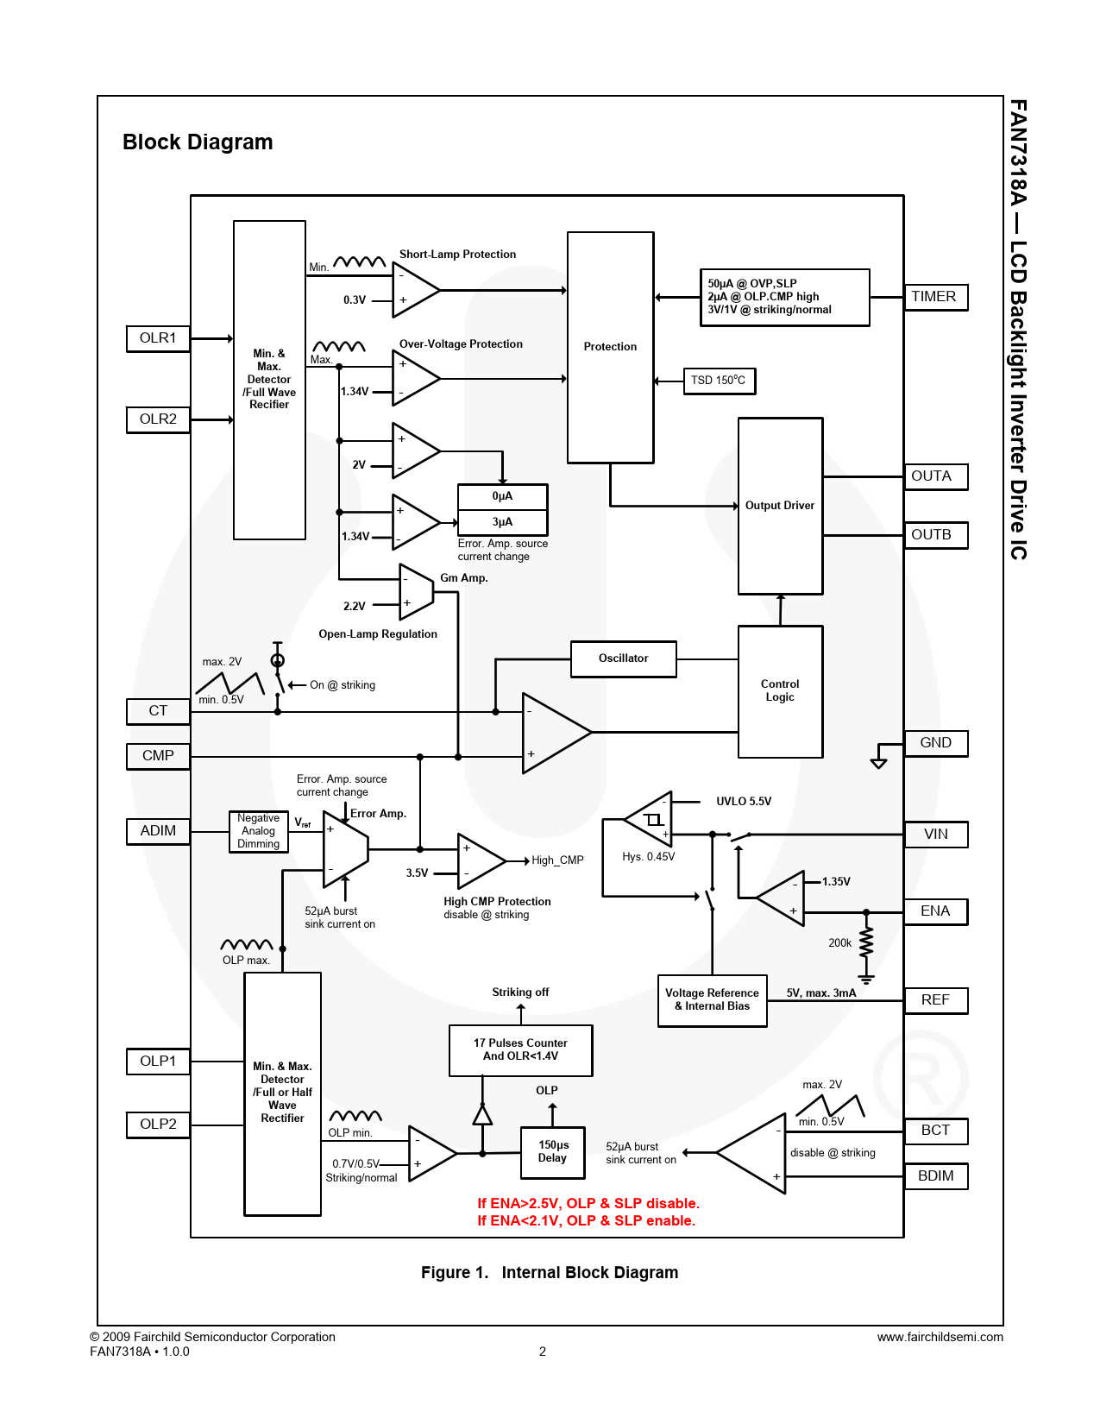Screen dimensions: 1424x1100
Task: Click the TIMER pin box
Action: click(x=935, y=297)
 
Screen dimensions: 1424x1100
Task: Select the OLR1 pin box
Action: click(x=158, y=338)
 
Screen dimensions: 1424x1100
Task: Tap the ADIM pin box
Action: click(x=158, y=831)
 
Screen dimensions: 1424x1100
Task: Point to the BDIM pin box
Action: click(x=935, y=1176)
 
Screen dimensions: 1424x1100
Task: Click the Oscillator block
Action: click(x=623, y=658)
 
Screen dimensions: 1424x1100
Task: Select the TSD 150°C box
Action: click(x=719, y=381)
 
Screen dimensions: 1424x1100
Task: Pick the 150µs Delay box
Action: click(x=552, y=1152)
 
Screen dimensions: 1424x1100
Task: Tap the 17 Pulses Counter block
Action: click(x=520, y=1050)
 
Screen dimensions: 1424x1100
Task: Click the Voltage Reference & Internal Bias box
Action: click(x=712, y=1000)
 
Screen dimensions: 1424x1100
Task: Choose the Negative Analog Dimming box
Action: click(x=258, y=831)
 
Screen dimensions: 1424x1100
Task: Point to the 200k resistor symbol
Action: click(x=866, y=943)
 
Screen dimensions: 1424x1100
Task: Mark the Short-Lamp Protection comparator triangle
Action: click(x=415, y=289)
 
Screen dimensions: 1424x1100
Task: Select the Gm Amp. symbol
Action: click(x=416, y=592)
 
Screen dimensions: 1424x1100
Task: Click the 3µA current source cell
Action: click(x=502, y=522)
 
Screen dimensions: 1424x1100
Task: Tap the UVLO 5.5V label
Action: click(x=744, y=802)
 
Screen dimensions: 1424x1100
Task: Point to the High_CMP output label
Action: click(x=557, y=860)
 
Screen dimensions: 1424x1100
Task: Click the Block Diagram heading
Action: click(x=198, y=142)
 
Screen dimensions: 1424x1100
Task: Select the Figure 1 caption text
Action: click(x=550, y=1273)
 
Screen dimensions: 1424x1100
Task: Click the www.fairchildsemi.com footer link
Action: click(x=940, y=1337)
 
